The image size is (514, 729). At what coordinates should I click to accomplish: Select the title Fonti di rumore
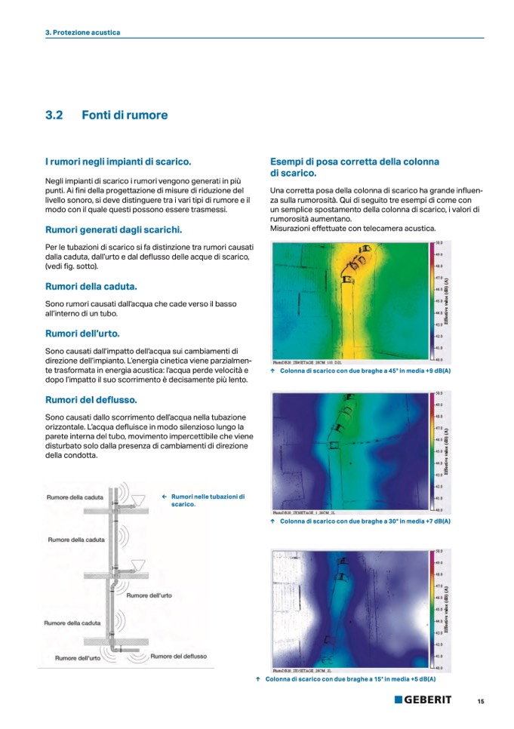coord(125,115)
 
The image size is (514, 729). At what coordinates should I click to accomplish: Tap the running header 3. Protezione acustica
coord(82,32)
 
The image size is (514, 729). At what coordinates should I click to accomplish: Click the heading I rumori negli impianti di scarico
coord(118,161)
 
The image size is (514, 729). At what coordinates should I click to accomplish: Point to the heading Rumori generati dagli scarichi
coord(113,229)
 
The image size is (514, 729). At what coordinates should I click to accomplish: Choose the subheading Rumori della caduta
coord(91,287)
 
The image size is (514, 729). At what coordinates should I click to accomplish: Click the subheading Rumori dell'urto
coord(82,333)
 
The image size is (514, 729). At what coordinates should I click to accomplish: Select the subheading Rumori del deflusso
coord(91,399)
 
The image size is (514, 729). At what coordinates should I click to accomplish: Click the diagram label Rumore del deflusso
coord(178,657)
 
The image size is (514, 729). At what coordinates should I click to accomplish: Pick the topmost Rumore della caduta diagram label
coord(75,497)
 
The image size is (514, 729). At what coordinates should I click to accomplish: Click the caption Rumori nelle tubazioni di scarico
coord(208,500)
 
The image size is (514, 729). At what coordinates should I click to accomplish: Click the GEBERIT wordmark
coord(427,700)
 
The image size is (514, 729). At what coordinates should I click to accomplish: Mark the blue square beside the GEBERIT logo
coord(398,700)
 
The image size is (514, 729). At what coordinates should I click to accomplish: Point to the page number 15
coord(480,701)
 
